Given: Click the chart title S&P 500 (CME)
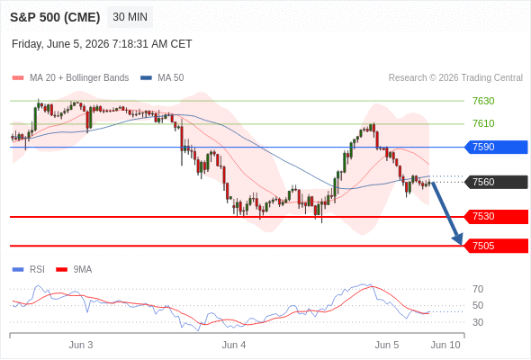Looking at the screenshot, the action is click(55, 17).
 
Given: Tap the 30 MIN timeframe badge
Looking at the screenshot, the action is click(130, 17).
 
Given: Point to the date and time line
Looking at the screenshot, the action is click(102, 44).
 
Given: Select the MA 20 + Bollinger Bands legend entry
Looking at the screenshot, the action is click(70, 78).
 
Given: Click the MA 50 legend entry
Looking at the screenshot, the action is click(162, 78).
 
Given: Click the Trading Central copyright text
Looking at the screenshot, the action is click(455, 78).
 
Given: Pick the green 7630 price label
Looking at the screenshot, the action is click(483, 101).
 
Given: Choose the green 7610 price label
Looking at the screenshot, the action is click(483, 123).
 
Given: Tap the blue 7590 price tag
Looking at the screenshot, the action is click(496, 147).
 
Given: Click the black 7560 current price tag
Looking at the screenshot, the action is click(496, 182).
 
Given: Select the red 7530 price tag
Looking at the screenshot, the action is click(496, 216).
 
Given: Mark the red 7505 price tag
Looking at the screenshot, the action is click(496, 246).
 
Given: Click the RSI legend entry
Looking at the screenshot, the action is click(29, 270).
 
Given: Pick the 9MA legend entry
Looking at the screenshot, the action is click(74, 270).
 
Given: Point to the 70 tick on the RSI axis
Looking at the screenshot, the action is click(478, 289).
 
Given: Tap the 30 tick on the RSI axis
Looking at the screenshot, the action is click(478, 322).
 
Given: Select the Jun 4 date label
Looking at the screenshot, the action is click(234, 345).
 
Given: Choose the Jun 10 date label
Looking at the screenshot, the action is click(445, 345).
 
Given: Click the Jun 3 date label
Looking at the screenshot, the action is click(81, 345).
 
